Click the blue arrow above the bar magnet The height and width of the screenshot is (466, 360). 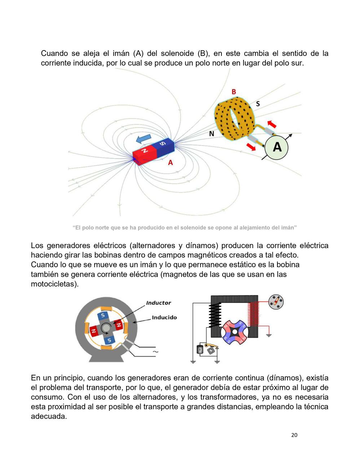click(143, 139)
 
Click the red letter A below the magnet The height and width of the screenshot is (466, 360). click(170, 163)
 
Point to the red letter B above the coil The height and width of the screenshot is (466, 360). click(234, 91)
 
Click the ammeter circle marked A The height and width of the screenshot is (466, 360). click(277, 147)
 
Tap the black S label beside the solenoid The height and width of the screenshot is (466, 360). click(258, 104)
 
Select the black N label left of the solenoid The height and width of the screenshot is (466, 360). click(212, 133)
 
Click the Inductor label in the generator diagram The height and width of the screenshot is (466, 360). click(158, 303)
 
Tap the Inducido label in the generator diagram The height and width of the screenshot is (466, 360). click(164, 317)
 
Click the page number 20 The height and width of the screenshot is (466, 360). click(294, 435)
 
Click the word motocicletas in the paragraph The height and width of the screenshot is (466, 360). click(54, 284)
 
